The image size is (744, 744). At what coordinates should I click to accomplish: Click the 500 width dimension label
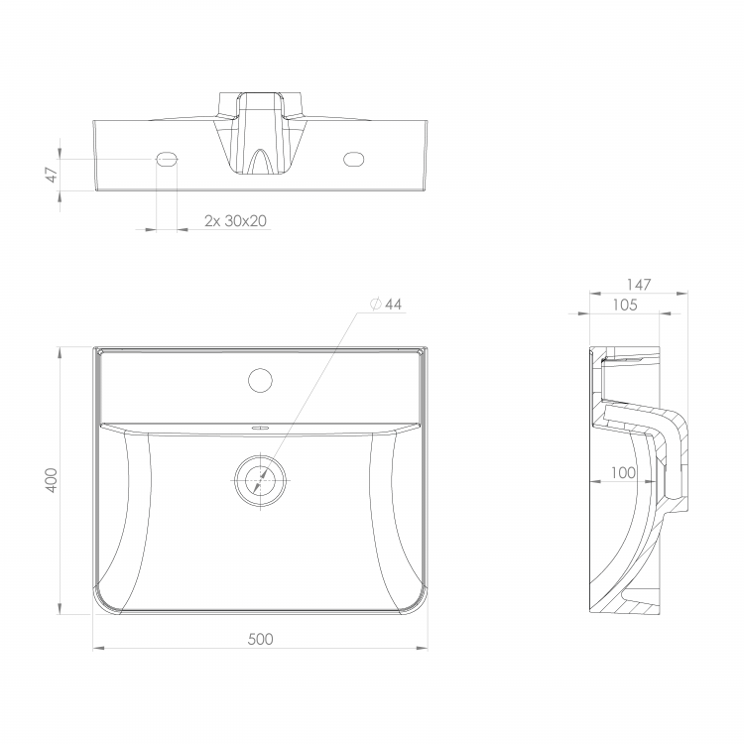[x=261, y=639]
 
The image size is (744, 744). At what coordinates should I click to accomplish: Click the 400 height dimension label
[x=52, y=480]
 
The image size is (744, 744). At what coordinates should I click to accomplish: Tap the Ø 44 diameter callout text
[x=386, y=305]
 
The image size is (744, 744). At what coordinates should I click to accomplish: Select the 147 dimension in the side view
[x=639, y=285]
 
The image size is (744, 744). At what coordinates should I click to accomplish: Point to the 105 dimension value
[x=625, y=305]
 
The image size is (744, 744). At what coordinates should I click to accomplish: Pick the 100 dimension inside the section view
[x=623, y=472]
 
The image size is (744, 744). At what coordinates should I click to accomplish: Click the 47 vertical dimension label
[x=52, y=175]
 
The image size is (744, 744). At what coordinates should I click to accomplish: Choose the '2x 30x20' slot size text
[x=235, y=220]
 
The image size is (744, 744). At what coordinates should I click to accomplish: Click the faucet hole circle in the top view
[x=260, y=380]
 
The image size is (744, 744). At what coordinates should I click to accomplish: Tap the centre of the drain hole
[x=261, y=480]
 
